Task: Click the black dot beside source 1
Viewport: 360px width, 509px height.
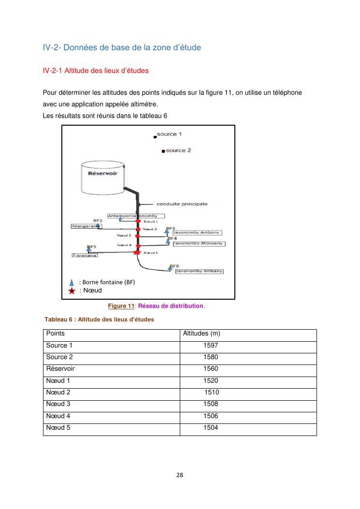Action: point(154,137)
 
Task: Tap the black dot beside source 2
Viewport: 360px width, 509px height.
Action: point(164,151)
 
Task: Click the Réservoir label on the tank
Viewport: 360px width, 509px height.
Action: point(100,172)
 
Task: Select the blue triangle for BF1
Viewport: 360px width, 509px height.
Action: point(98,225)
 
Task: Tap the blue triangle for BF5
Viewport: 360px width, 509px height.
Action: point(88,250)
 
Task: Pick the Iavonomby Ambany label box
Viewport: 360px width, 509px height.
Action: point(199,271)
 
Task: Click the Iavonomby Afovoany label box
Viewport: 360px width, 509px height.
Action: point(198,244)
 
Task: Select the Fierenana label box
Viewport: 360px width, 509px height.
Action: point(85,255)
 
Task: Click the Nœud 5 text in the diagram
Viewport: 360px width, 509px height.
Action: point(151,253)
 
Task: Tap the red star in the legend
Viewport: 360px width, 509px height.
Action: point(72,291)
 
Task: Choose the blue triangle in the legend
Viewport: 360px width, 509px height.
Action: point(72,282)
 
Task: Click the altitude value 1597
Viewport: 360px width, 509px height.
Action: point(211,346)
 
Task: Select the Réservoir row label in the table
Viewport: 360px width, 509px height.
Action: point(60,369)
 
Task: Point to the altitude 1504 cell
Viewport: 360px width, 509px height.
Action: point(211,428)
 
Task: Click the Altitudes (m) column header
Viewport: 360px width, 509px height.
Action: point(202,334)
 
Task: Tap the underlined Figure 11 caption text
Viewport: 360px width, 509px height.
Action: point(121,306)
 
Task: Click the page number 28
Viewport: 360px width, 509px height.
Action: point(180,475)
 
